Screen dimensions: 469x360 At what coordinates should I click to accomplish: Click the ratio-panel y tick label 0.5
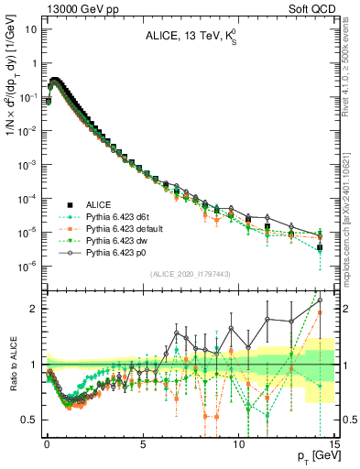(28, 420)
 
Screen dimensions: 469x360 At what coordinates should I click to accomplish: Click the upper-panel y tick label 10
(31, 28)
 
